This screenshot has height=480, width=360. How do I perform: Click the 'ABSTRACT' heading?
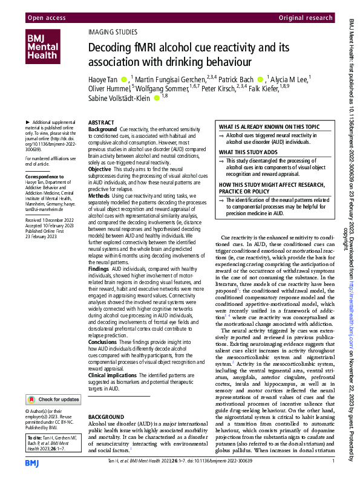tap(102, 122)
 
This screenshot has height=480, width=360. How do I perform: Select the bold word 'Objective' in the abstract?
tap(100, 170)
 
